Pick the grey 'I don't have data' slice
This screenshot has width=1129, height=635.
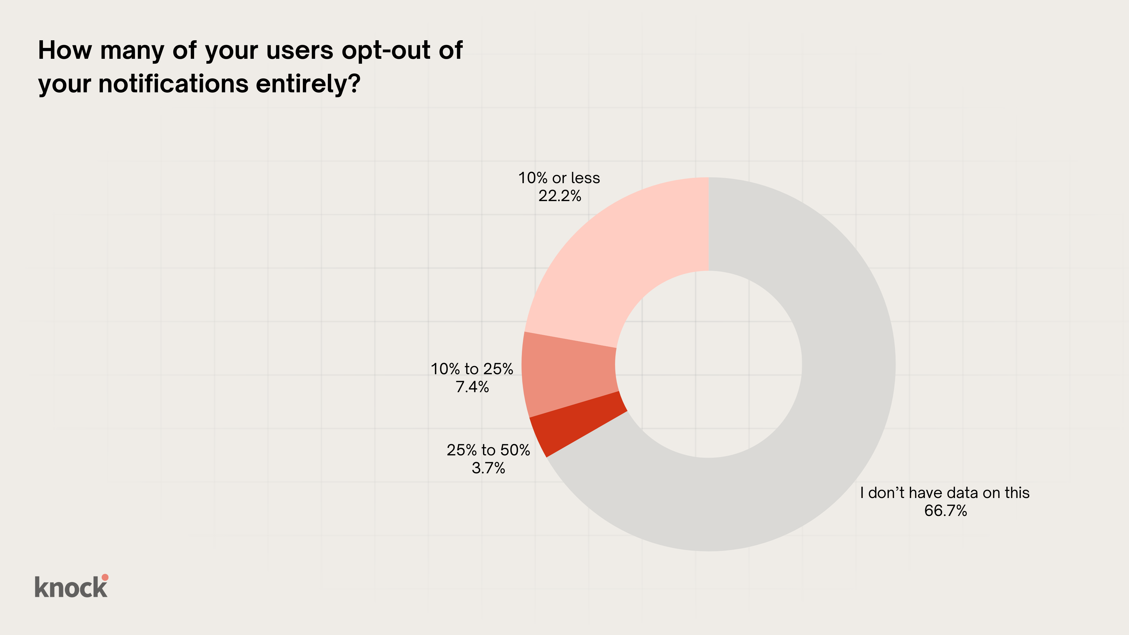click(x=833, y=395)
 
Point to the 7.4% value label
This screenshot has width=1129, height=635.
click(x=472, y=387)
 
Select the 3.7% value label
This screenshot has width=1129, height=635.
click(x=488, y=468)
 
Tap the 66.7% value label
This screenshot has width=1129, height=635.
click(x=945, y=511)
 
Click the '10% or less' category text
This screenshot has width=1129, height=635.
click(x=559, y=178)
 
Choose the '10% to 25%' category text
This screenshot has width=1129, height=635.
click(x=472, y=369)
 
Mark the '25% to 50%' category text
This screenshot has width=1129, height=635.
click(x=488, y=450)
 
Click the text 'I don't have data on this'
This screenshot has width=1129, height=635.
click(x=944, y=493)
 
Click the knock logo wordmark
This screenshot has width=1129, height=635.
click(x=70, y=587)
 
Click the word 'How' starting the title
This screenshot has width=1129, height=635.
click(x=65, y=50)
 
